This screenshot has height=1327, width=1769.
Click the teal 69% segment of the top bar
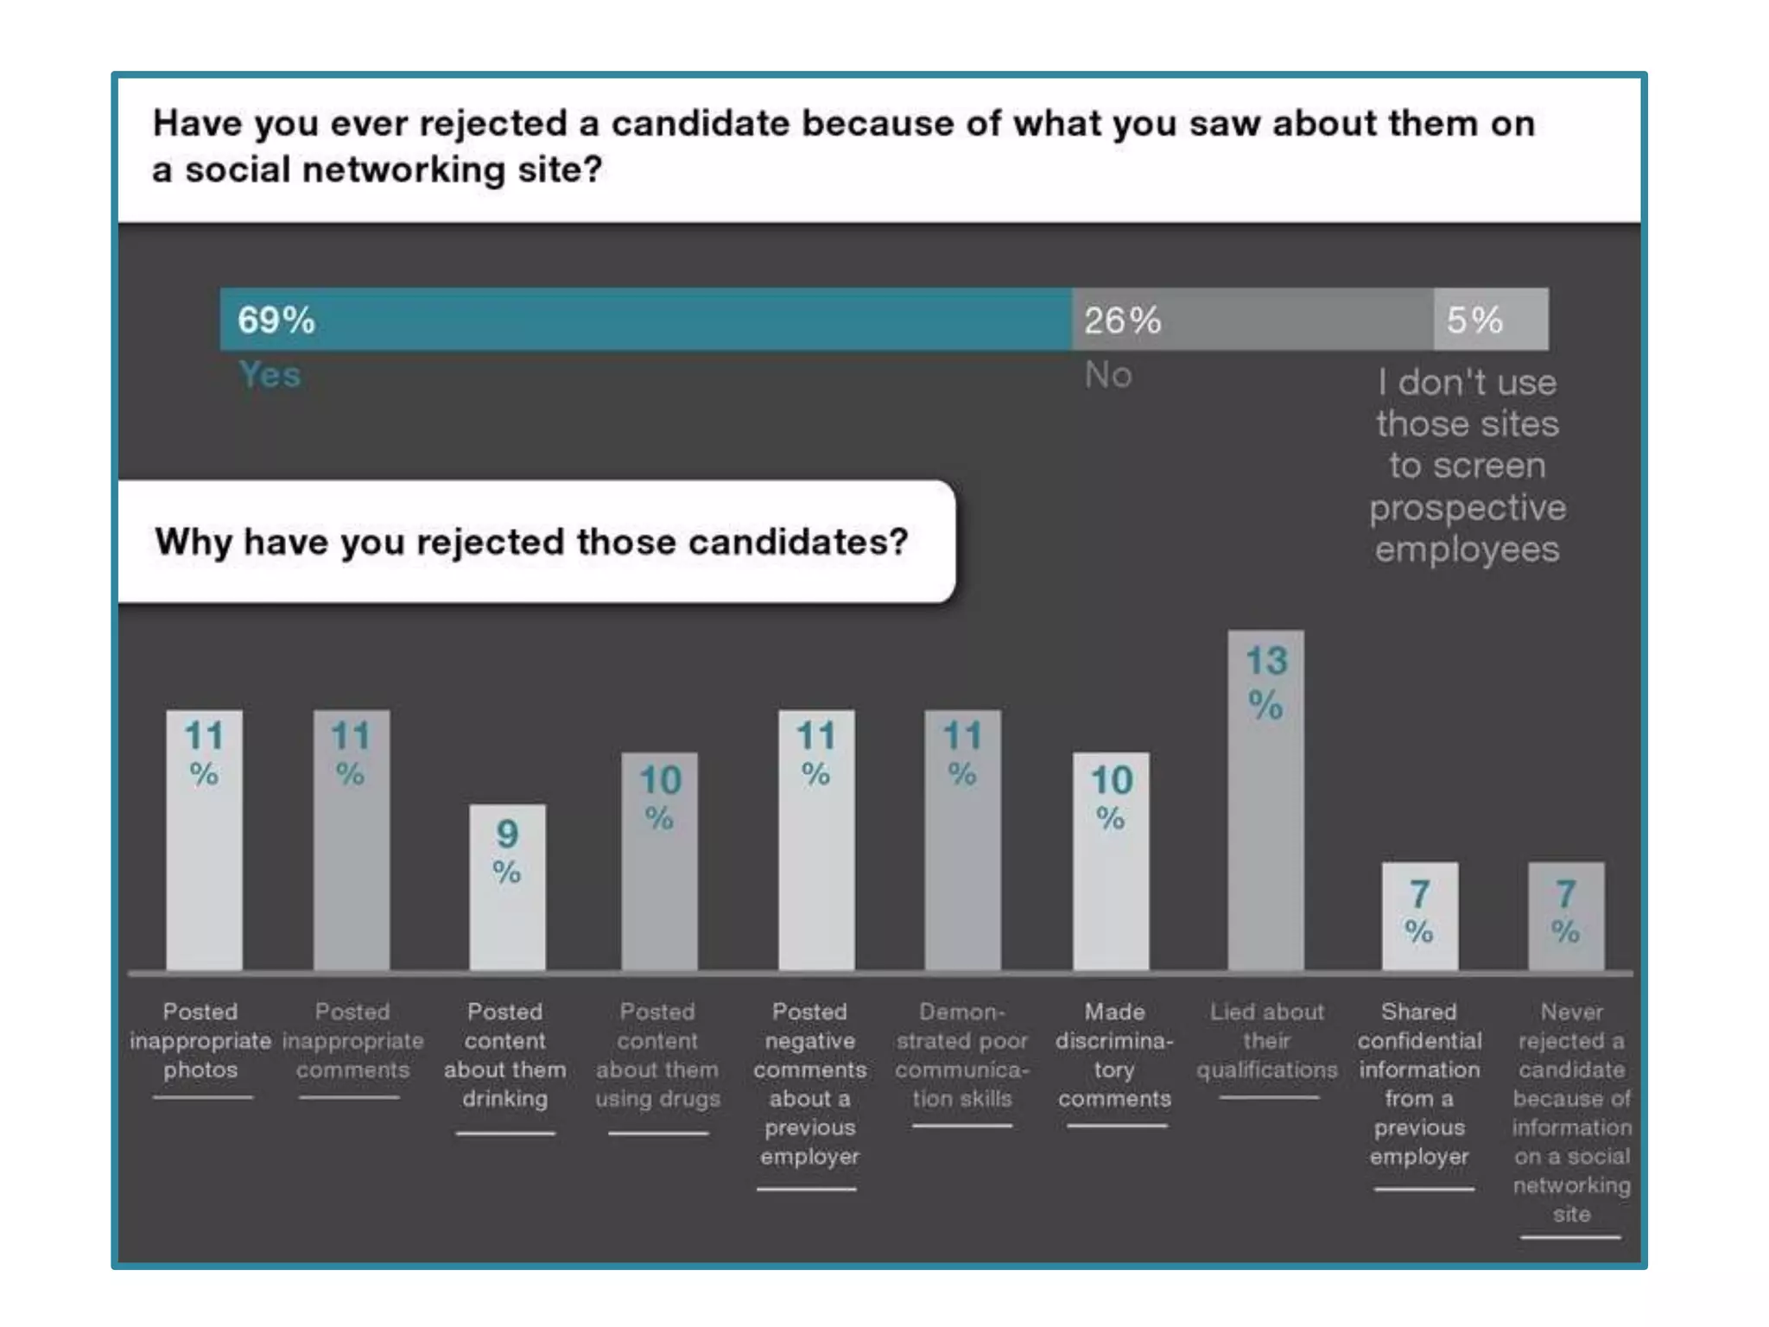tap(645, 319)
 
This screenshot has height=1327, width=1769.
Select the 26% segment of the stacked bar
tap(1252, 319)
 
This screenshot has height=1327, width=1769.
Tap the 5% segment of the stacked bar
tap(1491, 319)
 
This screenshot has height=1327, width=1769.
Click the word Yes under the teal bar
tap(269, 375)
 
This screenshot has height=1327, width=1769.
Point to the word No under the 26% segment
tap(1108, 375)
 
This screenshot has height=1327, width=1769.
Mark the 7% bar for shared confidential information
tap(1419, 916)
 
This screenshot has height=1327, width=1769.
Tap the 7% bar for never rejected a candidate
tap(1566, 916)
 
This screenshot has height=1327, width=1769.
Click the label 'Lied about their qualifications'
tap(1266, 1040)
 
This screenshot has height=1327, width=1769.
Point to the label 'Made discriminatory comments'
tap(1114, 1055)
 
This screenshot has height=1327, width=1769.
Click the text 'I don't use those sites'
tap(1468, 403)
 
